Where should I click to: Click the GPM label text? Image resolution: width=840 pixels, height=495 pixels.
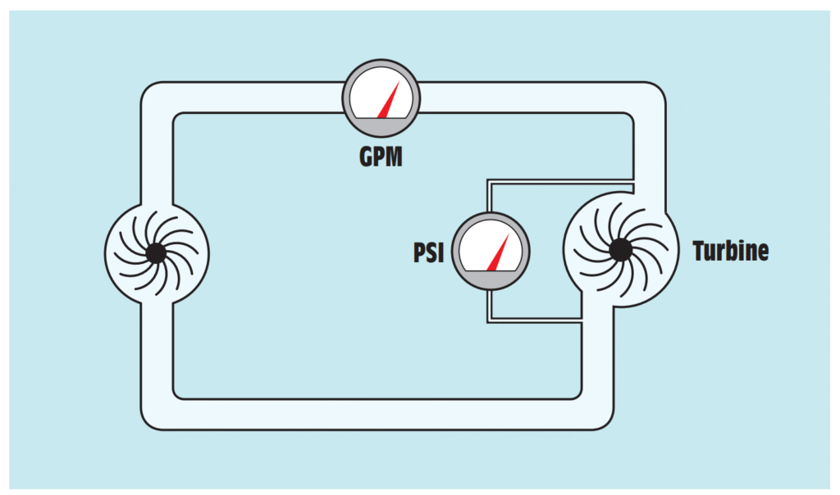pos(381,156)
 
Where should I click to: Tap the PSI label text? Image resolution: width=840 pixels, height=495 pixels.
pos(428,252)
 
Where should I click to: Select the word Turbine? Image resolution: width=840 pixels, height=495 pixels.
pos(730,251)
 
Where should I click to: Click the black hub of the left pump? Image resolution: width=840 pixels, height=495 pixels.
pos(156,254)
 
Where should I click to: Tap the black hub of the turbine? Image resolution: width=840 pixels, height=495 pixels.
pos(620,249)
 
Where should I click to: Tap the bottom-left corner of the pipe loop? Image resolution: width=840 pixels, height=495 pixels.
pos(157,413)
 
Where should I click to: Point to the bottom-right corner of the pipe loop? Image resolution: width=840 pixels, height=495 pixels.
pos(596,413)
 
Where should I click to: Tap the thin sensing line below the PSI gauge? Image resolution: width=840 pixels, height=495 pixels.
pos(533,320)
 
